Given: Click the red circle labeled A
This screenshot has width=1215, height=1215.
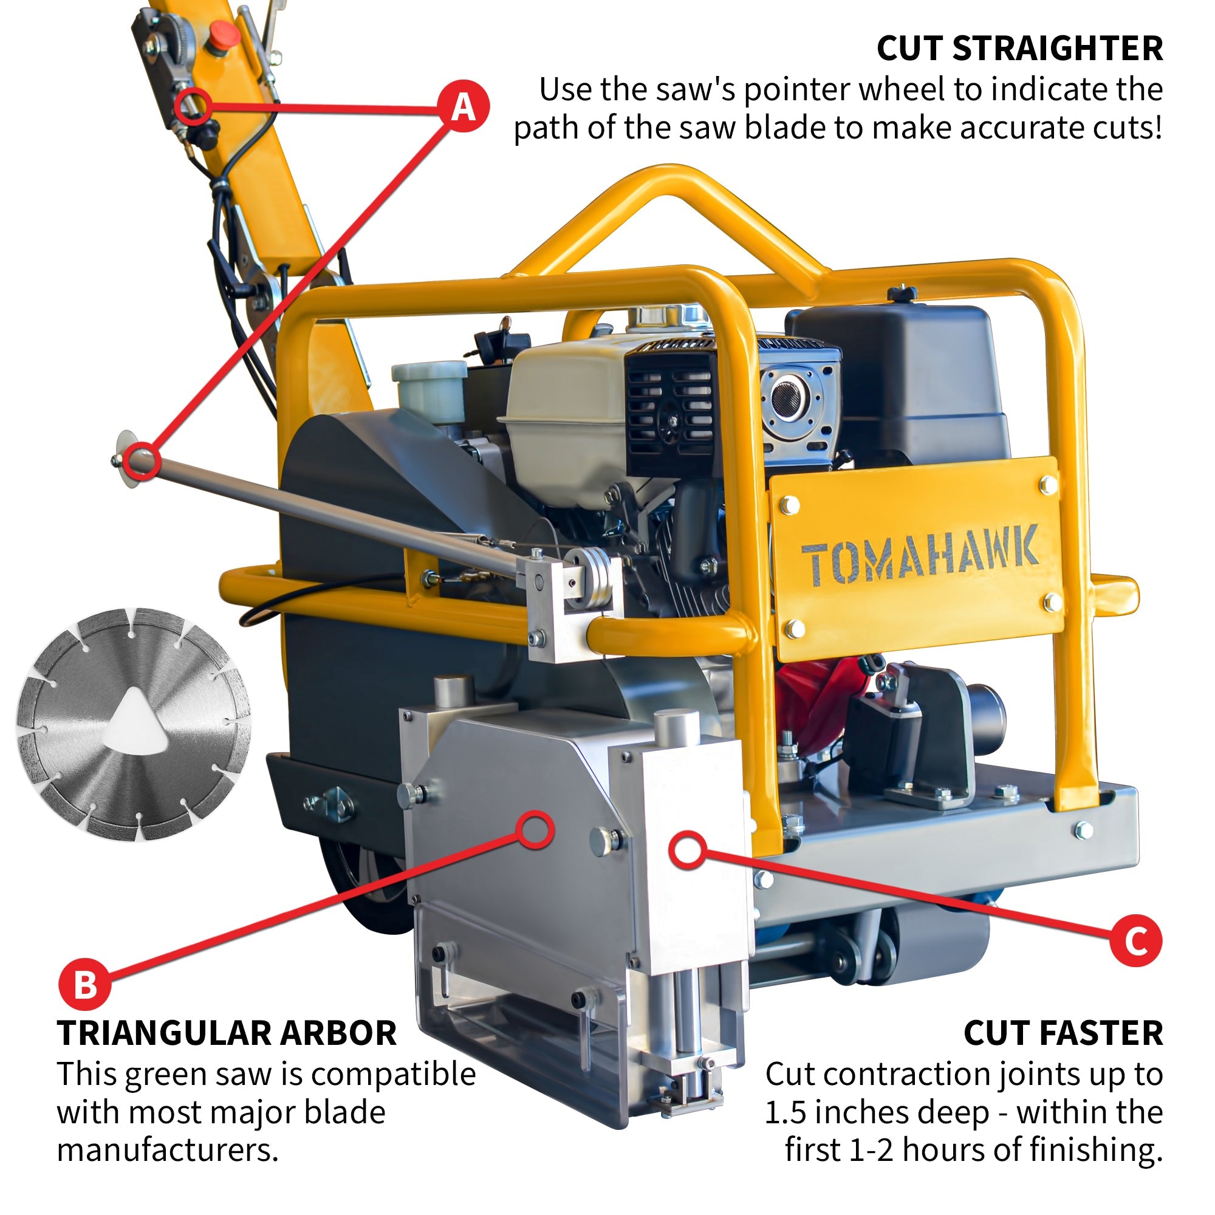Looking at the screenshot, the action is click(x=464, y=106).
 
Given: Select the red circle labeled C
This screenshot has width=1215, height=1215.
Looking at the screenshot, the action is click(x=1136, y=941).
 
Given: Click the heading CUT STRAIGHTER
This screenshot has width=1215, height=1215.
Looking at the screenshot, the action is click(x=1019, y=49).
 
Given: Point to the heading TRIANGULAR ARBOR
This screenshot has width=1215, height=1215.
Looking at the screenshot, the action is click(x=227, y=1033).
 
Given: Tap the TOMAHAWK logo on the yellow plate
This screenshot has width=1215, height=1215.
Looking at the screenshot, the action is click(x=920, y=556).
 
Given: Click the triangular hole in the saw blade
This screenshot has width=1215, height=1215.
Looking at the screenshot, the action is click(x=136, y=722).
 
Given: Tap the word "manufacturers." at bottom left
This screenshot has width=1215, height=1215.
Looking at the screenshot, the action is click(x=167, y=1149).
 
